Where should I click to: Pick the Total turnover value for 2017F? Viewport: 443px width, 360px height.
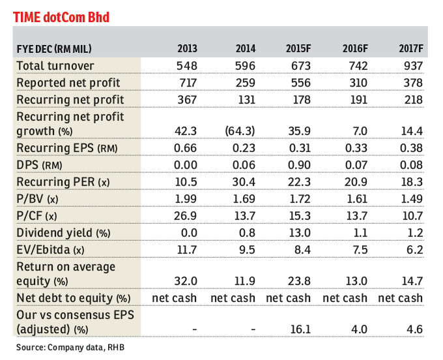click(412, 66)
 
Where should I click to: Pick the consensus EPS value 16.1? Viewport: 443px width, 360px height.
click(299, 329)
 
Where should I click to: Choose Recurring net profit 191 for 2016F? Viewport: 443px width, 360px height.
click(357, 100)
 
